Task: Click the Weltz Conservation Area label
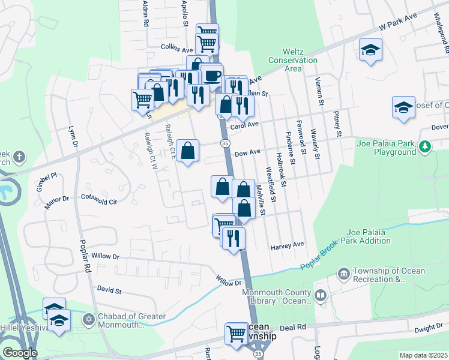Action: [x=293, y=60]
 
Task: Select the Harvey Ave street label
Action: [x=288, y=245]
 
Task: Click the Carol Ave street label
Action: [x=244, y=125]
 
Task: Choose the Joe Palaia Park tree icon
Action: [x=425, y=146]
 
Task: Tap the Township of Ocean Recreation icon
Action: [x=343, y=274]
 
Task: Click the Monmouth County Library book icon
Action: [x=321, y=296]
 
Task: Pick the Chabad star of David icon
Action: [x=89, y=318]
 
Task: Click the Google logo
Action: [x=19, y=353]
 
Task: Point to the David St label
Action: [x=109, y=290]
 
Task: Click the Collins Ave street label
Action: [x=176, y=48]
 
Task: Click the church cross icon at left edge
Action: [x=19, y=158]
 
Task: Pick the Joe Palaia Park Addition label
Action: [x=368, y=236]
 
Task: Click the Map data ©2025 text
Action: [x=423, y=355]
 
